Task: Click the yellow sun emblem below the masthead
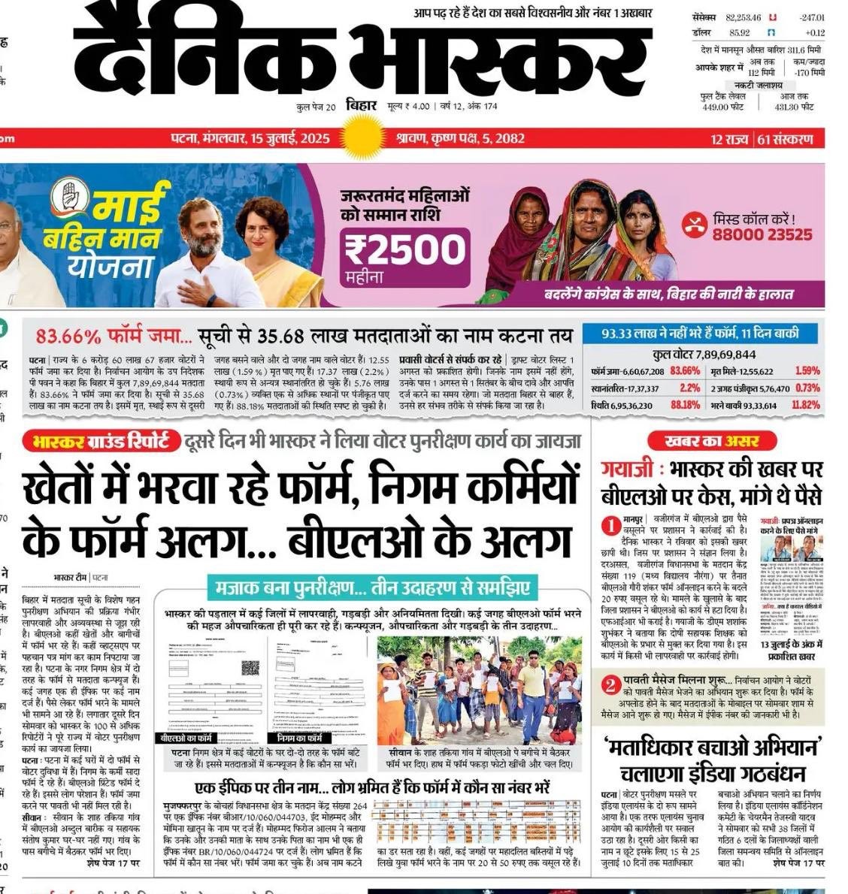pyautogui.click(x=363, y=139)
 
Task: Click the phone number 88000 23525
pyautogui.click(x=762, y=234)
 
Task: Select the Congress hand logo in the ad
pyautogui.click(x=71, y=197)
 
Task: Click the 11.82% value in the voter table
pyautogui.click(x=806, y=405)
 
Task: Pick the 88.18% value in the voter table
pyautogui.click(x=685, y=405)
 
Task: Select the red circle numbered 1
pyautogui.click(x=611, y=527)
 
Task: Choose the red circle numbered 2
pyautogui.click(x=611, y=684)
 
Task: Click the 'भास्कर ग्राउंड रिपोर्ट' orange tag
pyautogui.click(x=101, y=442)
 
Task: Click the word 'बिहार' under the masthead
pyautogui.click(x=362, y=105)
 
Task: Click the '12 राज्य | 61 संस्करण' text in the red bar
pyautogui.click(x=762, y=139)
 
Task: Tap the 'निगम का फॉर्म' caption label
pyautogui.click(x=299, y=738)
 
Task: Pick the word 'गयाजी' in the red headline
pyautogui.click(x=625, y=470)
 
